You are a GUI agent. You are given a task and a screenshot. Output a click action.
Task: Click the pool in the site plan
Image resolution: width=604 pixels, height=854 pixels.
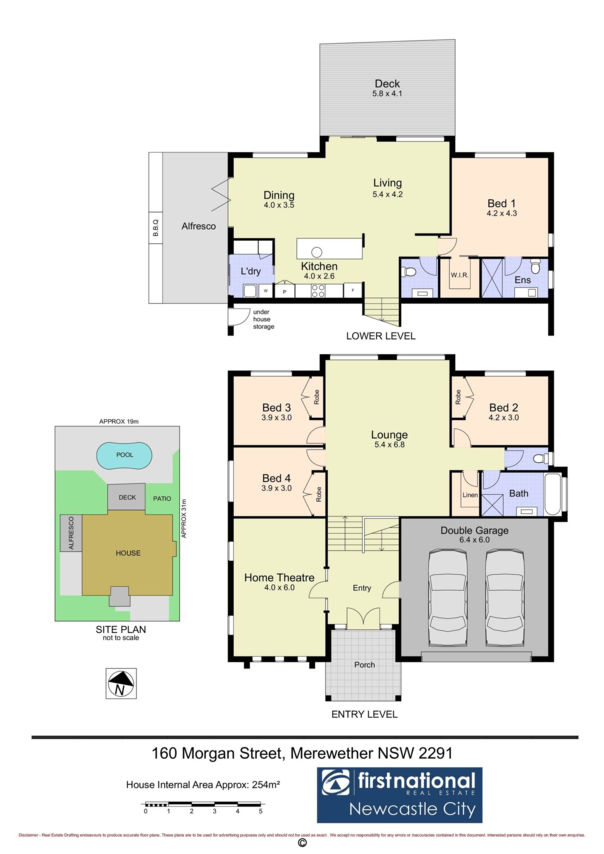click(x=125, y=455)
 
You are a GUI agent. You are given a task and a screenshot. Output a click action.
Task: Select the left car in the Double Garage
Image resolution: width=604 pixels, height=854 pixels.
click(x=448, y=598)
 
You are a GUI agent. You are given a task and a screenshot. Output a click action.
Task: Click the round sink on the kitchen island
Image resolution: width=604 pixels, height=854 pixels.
click(x=316, y=252)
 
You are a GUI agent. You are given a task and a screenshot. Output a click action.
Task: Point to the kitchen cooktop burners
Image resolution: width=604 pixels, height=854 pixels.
click(x=318, y=290)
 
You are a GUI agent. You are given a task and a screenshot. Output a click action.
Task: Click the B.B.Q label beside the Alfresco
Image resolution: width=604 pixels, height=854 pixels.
click(x=156, y=227)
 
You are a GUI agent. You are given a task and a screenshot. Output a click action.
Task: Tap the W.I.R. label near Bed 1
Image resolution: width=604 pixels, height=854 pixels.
click(x=459, y=275)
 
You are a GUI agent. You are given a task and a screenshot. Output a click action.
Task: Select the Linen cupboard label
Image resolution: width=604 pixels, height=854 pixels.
click(x=470, y=495)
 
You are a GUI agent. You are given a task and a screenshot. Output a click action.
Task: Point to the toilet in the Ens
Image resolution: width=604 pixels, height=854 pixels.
click(x=535, y=267)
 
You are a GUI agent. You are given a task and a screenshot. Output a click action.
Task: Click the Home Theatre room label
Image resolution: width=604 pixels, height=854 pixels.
click(x=279, y=577)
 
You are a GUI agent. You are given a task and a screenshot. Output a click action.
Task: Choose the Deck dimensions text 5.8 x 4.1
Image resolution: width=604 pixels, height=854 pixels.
click(x=387, y=94)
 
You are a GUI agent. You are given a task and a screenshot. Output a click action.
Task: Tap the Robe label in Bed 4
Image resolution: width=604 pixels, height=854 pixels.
click(x=319, y=494)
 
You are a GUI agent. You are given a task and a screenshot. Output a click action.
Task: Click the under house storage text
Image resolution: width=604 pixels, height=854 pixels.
click(x=263, y=319)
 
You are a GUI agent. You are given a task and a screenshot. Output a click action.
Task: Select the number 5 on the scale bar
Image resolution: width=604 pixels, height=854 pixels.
click(x=261, y=811)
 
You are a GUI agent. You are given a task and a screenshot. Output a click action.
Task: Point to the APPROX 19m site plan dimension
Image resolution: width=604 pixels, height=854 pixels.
click(x=119, y=421)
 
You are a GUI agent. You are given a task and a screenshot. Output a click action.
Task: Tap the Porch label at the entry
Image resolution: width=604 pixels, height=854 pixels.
click(x=365, y=665)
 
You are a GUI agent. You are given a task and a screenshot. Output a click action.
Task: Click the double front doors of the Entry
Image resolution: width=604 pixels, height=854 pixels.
click(x=364, y=618)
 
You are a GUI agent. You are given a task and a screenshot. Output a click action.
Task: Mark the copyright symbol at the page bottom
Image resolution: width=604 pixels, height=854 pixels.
click(x=302, y=843)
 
